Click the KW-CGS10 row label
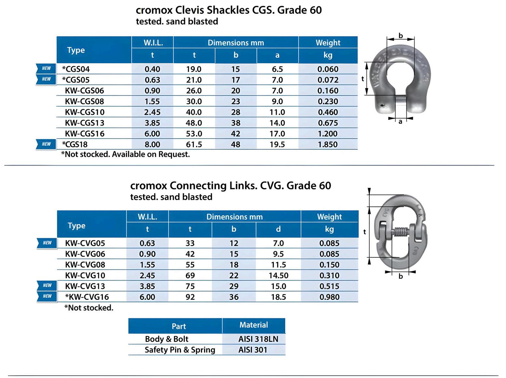click(85, 112)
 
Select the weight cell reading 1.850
click(328, 144)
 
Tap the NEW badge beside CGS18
click(46, 144)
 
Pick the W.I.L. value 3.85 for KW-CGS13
click(152, 123)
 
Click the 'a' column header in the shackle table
click(277, 55)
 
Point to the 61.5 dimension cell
click(194, 144)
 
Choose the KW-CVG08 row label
click(85, 265)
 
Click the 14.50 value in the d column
click(278, 275)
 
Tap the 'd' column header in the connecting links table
click(278, 229)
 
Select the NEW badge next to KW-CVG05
click(47, 243)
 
